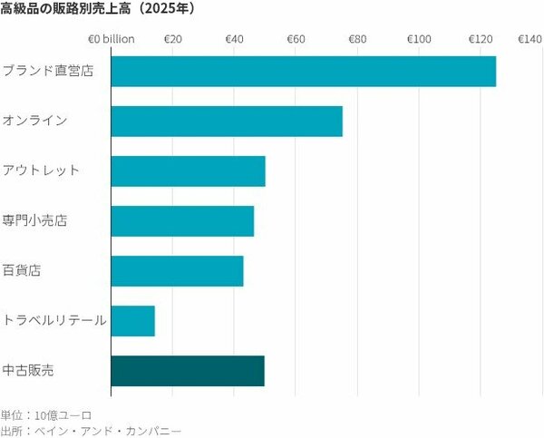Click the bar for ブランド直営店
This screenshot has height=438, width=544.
tap(303, 72)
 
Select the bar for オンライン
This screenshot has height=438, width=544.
tap(226, 122)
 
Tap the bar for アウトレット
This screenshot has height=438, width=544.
tap(188, 171)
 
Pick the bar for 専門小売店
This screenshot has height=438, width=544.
tap(182, 221)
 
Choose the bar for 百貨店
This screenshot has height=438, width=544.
tap(177, 271)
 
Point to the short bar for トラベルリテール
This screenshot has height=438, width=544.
tap(132, 321)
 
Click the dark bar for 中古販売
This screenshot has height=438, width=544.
tap(187, 371)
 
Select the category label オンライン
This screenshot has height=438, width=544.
tap(35, 121)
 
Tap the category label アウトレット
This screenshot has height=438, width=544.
tap(42, 170)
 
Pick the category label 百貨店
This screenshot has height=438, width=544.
tap(22, 270)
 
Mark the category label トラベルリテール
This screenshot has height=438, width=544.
tap(54, 320)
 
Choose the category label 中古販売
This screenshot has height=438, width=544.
tap(28, 370)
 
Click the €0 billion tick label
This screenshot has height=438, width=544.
tap(111, 39)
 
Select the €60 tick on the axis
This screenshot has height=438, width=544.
tap(296, 39)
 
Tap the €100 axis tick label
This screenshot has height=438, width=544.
tap(418, 39)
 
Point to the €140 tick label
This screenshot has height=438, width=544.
tap(529, 39)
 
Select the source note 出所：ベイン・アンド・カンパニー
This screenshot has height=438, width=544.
tap(91, 431)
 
